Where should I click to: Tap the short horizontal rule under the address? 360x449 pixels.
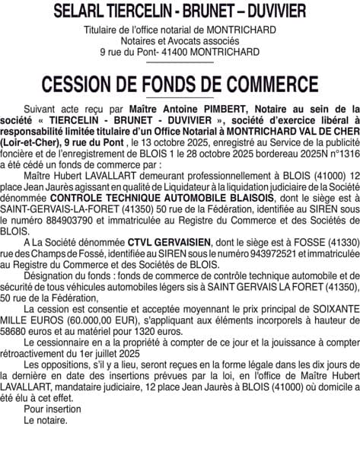point(180,62)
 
